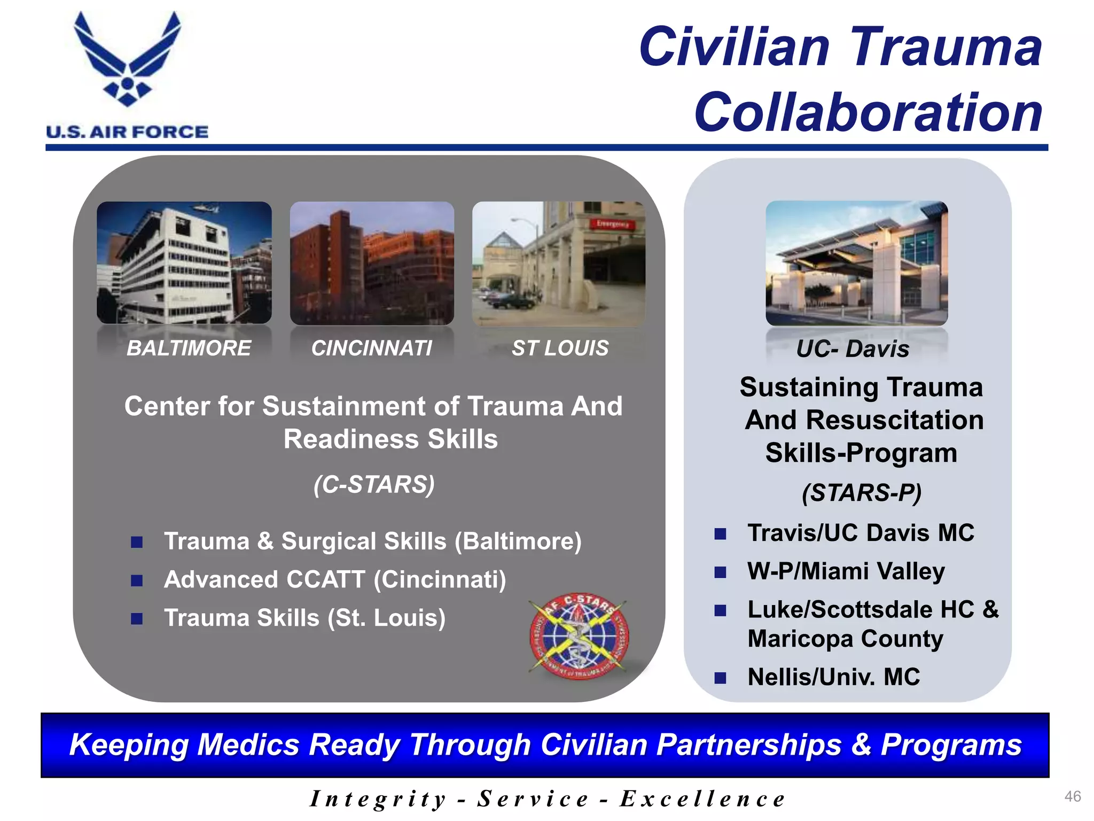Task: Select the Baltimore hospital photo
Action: (x=184, y=263)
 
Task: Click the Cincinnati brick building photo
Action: (x=372, y=263)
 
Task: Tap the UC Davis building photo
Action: (x=856, y=263)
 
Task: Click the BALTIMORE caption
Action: (x=189, y=348)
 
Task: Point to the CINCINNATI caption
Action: (x=372, y=348)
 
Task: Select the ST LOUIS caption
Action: (x=560, y=348)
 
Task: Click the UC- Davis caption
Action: (x=853, y=349)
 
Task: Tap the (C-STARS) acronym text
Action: (x=374, y=485)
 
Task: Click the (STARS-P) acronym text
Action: (x=861, y=492)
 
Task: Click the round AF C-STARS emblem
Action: (x=579, y=636)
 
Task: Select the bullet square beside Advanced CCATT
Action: (x=137, y=580)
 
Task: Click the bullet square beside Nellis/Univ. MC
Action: (x=720, y=678)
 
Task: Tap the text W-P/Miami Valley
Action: (x=846, y=571)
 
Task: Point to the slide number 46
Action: (x=1072, y=796)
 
